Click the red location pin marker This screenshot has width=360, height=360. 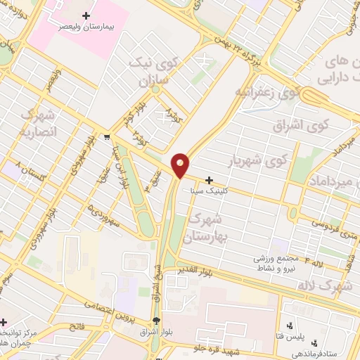[181, 165]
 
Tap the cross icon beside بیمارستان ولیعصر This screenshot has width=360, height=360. [86, 15]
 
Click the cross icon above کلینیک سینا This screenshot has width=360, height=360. [208, 180]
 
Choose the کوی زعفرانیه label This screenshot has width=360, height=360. [269, 92]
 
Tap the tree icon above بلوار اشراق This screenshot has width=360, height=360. [155, 318]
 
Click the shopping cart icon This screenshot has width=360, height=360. [106, 137]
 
